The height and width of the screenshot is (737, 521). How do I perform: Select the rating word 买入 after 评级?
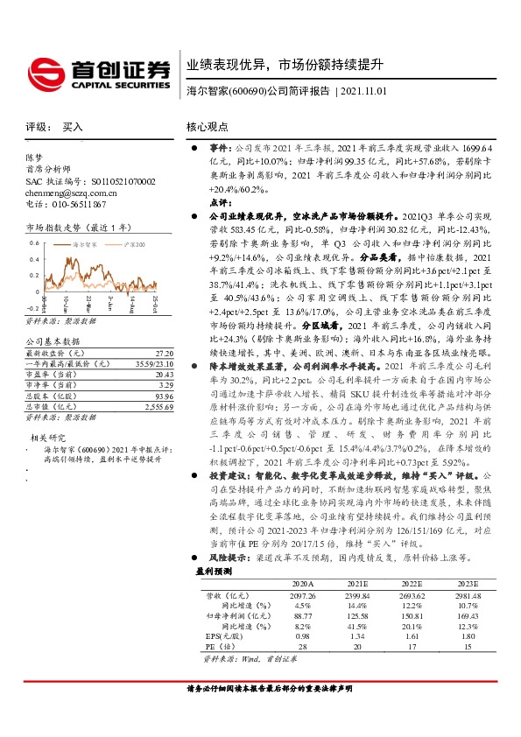(73, 127)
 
